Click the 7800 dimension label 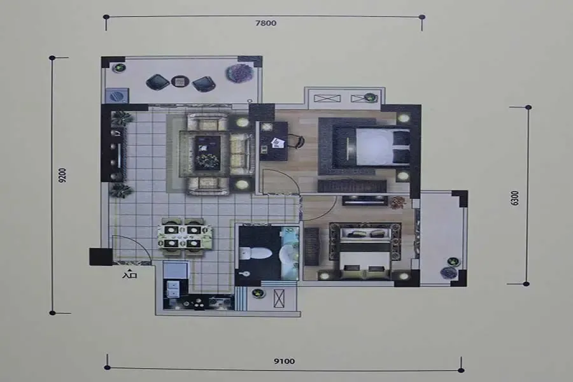tap(265, 23)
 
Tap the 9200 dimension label tap(62, 175)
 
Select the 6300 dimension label tap(514, 198)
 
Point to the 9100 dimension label tap(285, 361)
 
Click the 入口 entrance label tap(129, 274)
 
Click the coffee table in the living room tap(207, 152)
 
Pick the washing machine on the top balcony tap(117, 95)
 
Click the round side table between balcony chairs tap(180, 81)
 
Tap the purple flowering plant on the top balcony tap(239, 73)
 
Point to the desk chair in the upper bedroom tap(298, 141)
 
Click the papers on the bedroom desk tap(278, 143)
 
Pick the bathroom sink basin tap(288, 253)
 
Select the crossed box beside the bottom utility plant tap(279, 299)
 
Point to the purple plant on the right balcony tap(448, 272)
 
